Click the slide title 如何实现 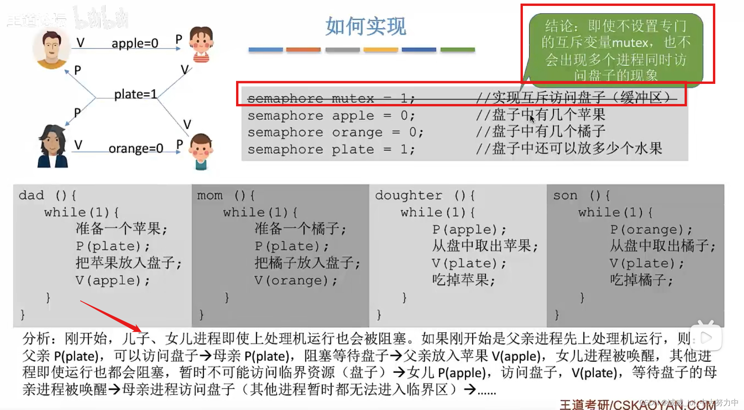366,27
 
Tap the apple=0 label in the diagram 135,43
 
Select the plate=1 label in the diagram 135,94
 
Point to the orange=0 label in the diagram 136,148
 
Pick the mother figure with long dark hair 52,146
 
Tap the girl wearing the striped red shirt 201,44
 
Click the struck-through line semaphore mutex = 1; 330,98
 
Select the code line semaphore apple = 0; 330,116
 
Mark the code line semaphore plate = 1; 330,150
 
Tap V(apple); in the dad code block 113,280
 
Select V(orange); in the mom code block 295,280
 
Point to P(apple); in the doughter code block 469,229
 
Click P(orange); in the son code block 651,229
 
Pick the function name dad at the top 31,195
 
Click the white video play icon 707,338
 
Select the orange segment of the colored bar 303,50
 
